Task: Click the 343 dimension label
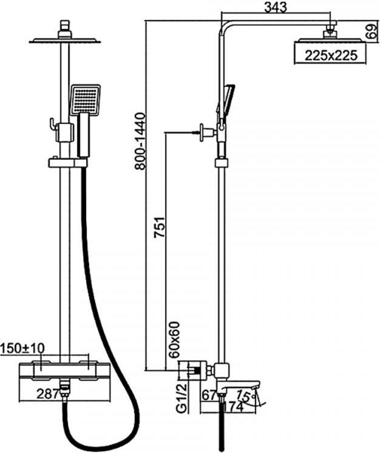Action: pyautogui.click(x=276, y=8)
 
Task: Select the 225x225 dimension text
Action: pyautogui.click(x=329, y=55)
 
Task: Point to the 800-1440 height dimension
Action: pyautogui.click(x=140, y=141)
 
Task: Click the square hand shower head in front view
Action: pyautogui.click(x=85, y=99)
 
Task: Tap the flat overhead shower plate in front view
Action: pyautogui.click(x=64, y=41)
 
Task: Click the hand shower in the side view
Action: pyautogui.click(x=224, y=103)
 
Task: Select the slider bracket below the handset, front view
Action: pyautogui.click(x=67, y=163)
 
